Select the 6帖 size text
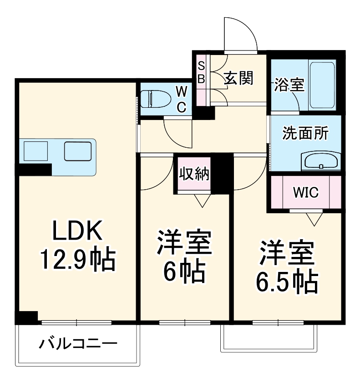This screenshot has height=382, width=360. (184, 271)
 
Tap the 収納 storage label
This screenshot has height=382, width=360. (194, 173)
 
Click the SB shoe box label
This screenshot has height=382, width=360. (201, 73)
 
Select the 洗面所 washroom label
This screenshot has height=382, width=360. (305, 133)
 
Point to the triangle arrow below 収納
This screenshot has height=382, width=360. (201, 200)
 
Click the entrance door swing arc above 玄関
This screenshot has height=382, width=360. (242, 35)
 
